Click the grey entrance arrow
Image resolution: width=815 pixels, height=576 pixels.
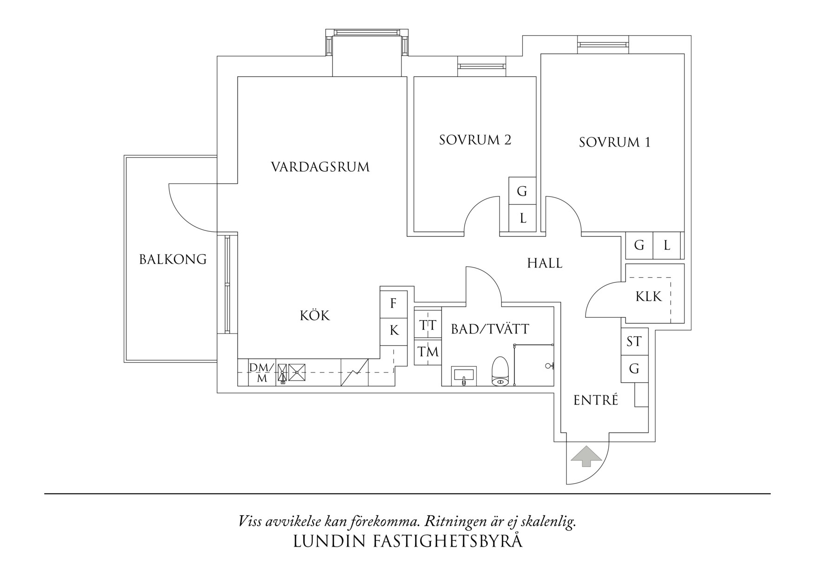[x=586, y=456]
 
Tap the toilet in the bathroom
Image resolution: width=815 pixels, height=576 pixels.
[x=500, y=372]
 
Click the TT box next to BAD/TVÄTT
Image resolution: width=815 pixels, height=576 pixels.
[x=427, y=325]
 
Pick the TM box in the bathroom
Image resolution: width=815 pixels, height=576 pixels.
[x=427, y=352]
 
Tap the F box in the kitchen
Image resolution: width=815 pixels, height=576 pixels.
[x=394, y=304]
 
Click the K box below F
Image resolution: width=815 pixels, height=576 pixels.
[x=394, y=331]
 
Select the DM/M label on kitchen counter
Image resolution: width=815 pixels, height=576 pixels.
[x=262, y=373]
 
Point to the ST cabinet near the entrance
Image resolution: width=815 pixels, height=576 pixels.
[x=634, y=342]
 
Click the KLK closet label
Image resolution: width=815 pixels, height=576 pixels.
[x=648, y=296]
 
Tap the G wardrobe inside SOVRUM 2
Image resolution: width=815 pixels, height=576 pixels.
[x=522, y=191]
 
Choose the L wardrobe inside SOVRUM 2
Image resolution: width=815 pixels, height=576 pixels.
[x=522, y=218]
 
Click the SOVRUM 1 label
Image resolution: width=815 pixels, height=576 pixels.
[x=614, y=142]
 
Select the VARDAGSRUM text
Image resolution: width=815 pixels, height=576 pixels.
[x=320, y=167]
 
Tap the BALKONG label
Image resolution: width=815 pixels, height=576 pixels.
[x=173, y=259]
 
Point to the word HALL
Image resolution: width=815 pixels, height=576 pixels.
[x=545, y=263]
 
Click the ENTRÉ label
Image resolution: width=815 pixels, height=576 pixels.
[x=596, y=400]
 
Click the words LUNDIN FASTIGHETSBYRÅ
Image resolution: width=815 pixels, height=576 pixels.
[x=407, y=542]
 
